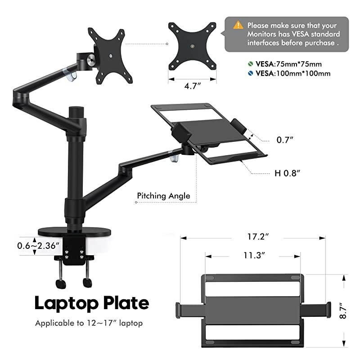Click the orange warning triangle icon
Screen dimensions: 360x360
point(238,25)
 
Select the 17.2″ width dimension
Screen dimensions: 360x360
point(253,236)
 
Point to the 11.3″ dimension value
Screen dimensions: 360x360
point(253,255)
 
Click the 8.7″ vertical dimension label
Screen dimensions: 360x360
point(343,311)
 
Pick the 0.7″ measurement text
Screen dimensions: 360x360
point(285,140)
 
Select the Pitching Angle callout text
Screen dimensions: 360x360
point(163,196)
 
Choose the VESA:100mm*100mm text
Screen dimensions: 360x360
point(293,73)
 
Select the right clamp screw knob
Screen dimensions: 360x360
point(87,283)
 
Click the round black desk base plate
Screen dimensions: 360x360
point(74,231)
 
